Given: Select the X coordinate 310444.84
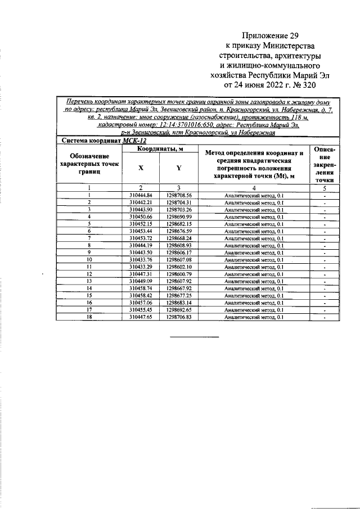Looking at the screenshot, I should pyautogui.click(x=141, y=195).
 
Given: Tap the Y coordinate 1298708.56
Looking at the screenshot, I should pyautogui.click(x=179, y=195).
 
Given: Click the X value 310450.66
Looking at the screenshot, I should pyautogui.click(x=141, y=217).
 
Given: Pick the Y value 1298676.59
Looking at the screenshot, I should pyautogui.click(x=179, y=231).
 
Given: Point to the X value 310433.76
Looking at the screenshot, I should pyautogui.click(x=141, y=259).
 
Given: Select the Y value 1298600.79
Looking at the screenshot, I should pyautogui.click(x=179, y=273).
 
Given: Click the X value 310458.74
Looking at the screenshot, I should pyautogui.click(x=141, y=287).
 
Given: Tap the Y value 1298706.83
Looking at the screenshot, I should pyautogui.click(x=179, y=317).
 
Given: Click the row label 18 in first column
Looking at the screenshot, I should pyautogui.click(x=89, y=317).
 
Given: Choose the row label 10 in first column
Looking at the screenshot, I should pyautogui.click(x=89, y=259).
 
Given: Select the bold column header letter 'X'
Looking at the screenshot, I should pyautogui.click(x=141, y=168).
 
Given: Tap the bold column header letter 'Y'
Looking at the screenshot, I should pyautogui.click(x=179, y=168).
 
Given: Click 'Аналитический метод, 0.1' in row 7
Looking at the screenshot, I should pyautogui.click(x=254, y=238).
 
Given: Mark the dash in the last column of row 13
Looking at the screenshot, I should pyautogui.click(x=325, y=281).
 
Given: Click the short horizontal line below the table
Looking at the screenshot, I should pyautogui.click(x=195, y=337).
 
